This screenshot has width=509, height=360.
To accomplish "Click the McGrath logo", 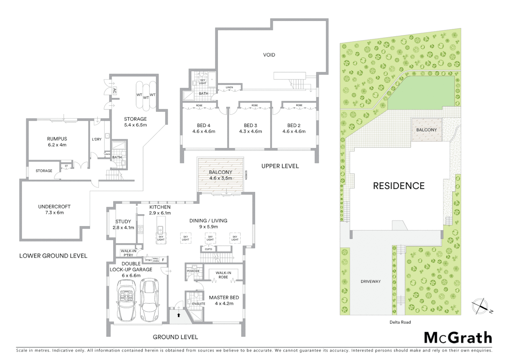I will point(458,338).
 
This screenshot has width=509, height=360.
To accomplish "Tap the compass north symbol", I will point(480,306).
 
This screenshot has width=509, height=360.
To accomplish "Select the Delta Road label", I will point(400,322).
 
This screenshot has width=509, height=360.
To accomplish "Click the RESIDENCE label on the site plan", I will point(399,186).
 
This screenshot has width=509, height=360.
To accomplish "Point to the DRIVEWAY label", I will point(370,281).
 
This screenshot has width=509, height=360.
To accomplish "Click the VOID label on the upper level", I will point(269,55).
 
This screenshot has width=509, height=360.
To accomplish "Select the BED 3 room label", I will point(251,128).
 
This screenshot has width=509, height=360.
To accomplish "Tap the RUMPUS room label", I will point(57,142).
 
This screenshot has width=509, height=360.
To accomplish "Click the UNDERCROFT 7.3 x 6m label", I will point(54,209).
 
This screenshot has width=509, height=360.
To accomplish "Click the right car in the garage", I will point(149,300).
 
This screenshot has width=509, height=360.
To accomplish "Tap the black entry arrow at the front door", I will point(179,315).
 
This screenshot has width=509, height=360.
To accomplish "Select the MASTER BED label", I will point(224,300).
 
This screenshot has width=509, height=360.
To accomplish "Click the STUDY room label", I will point(123,224).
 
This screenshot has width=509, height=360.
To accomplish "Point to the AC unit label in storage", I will point(115,90).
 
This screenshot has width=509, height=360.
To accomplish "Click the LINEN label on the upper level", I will point(229,88).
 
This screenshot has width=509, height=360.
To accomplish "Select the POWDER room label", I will point(193,271).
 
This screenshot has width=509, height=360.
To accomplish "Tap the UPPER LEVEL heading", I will point(280,166).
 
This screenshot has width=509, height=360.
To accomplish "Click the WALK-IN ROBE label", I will point(223,275).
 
